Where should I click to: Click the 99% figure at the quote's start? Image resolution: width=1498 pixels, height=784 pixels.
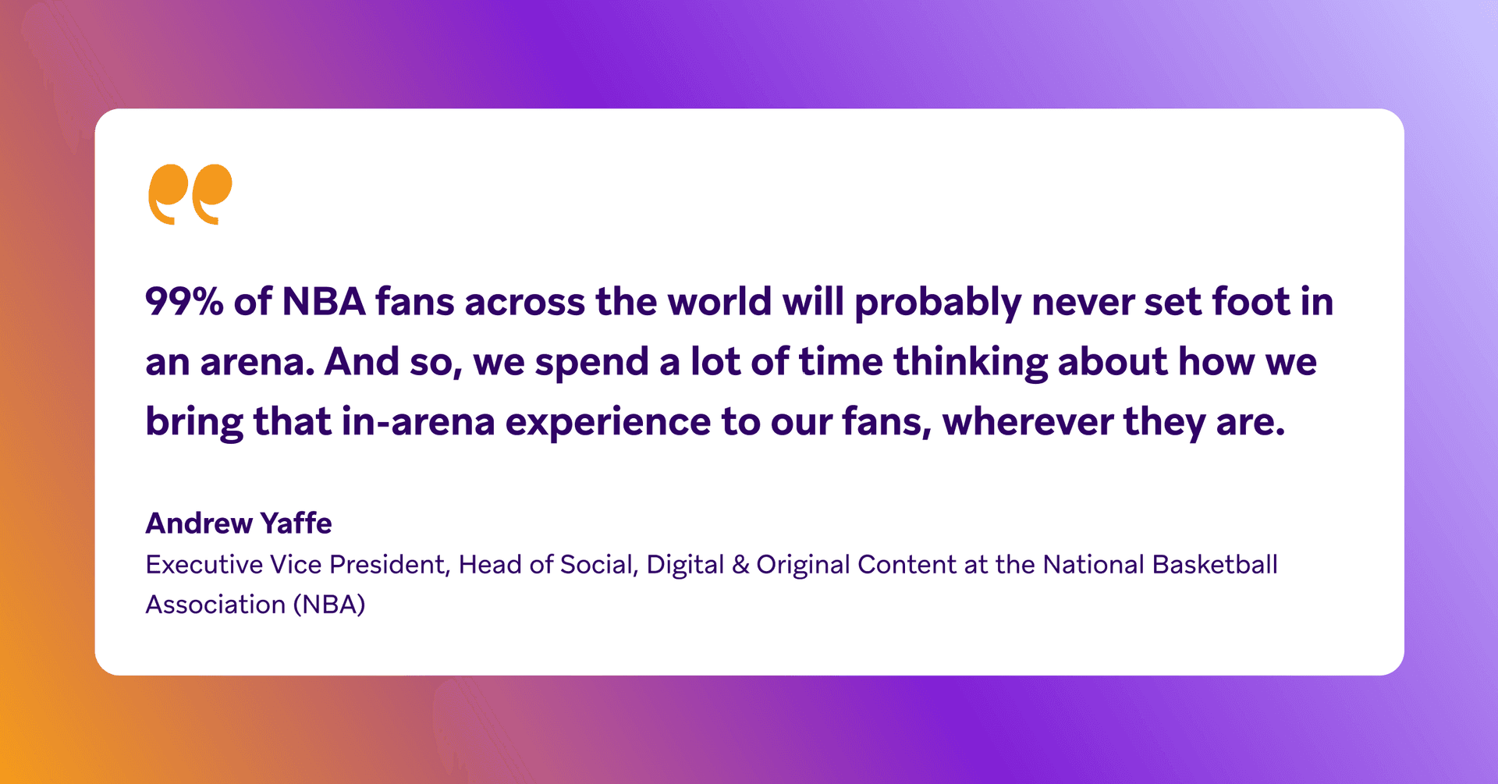[x=185, y=301]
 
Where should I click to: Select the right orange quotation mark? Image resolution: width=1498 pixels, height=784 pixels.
[x=211, y=194]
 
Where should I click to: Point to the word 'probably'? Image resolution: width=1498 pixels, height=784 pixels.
[x=938, y=304]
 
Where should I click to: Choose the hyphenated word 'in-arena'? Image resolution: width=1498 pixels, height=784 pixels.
[x=418, y=422]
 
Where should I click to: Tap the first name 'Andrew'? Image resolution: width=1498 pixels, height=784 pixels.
[x=198, y=523]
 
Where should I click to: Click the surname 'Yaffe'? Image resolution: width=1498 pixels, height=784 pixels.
[x=296, y=523]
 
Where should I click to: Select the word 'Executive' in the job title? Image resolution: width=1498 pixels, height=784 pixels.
[x=204, y=564]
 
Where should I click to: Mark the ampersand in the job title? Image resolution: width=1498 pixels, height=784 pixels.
[x=740, y=565]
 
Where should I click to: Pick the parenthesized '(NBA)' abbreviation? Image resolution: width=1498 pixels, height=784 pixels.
[x=329, y=605]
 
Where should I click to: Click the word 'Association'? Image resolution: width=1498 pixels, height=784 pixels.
[x=215, y=605]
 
